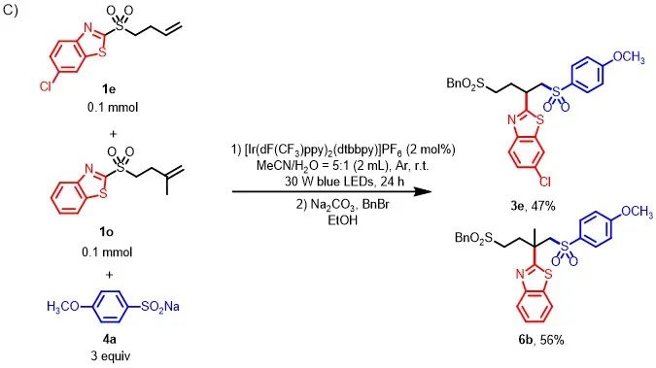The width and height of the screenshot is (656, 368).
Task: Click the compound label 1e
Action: [x=109, y=89]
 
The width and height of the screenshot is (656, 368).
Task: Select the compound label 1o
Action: [x=106, y=232]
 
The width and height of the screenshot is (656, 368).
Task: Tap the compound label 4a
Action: [x=109, y=339]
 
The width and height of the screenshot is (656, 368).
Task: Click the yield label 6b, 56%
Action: [x=541, y=340]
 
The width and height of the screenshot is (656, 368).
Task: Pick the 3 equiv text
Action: [x=111, y=356]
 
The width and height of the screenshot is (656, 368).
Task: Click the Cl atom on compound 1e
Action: [x=45, y=86]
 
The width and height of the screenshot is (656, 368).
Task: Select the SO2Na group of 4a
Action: [x=160, y=307]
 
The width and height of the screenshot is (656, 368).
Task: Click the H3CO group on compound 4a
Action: [x=63, y=307]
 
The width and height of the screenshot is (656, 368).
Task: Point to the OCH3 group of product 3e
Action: [x=629, y=57]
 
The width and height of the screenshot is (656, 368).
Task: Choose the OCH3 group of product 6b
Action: [x=637, y=212]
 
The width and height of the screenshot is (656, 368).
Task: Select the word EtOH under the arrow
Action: [x=343, y=220]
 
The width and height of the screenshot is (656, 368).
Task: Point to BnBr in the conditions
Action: [x=374, y=205]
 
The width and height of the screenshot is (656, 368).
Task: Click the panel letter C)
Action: [x=11, y=10]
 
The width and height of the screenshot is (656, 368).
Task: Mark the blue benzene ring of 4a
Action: [x=109, y=307]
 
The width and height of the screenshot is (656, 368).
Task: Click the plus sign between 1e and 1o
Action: [x=113, y=134]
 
